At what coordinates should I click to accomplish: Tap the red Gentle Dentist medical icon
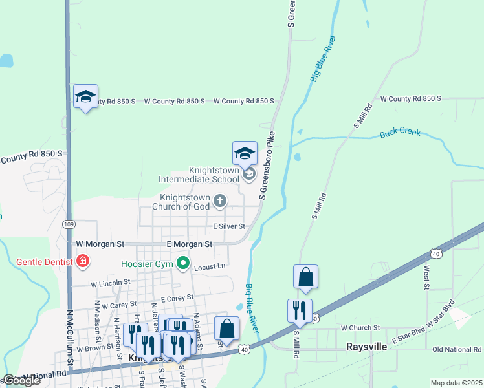click(82, 262)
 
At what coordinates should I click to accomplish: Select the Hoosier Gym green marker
click(183, 264)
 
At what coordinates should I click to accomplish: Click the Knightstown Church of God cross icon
click(220, 201)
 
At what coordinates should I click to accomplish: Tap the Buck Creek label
click(400, 133)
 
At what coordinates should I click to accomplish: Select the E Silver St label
click(229, 226)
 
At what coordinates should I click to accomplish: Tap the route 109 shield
click(69, 224)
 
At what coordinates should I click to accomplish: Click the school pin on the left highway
click(85, 97)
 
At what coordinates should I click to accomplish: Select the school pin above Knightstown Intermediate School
click(245, 154)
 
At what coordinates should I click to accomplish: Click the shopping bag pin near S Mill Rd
click(305, 277)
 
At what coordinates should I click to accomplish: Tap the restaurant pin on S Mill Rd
click(300, 310)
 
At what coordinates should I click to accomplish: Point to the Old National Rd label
click(457, 349)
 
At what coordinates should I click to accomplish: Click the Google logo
click(21, 380)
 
